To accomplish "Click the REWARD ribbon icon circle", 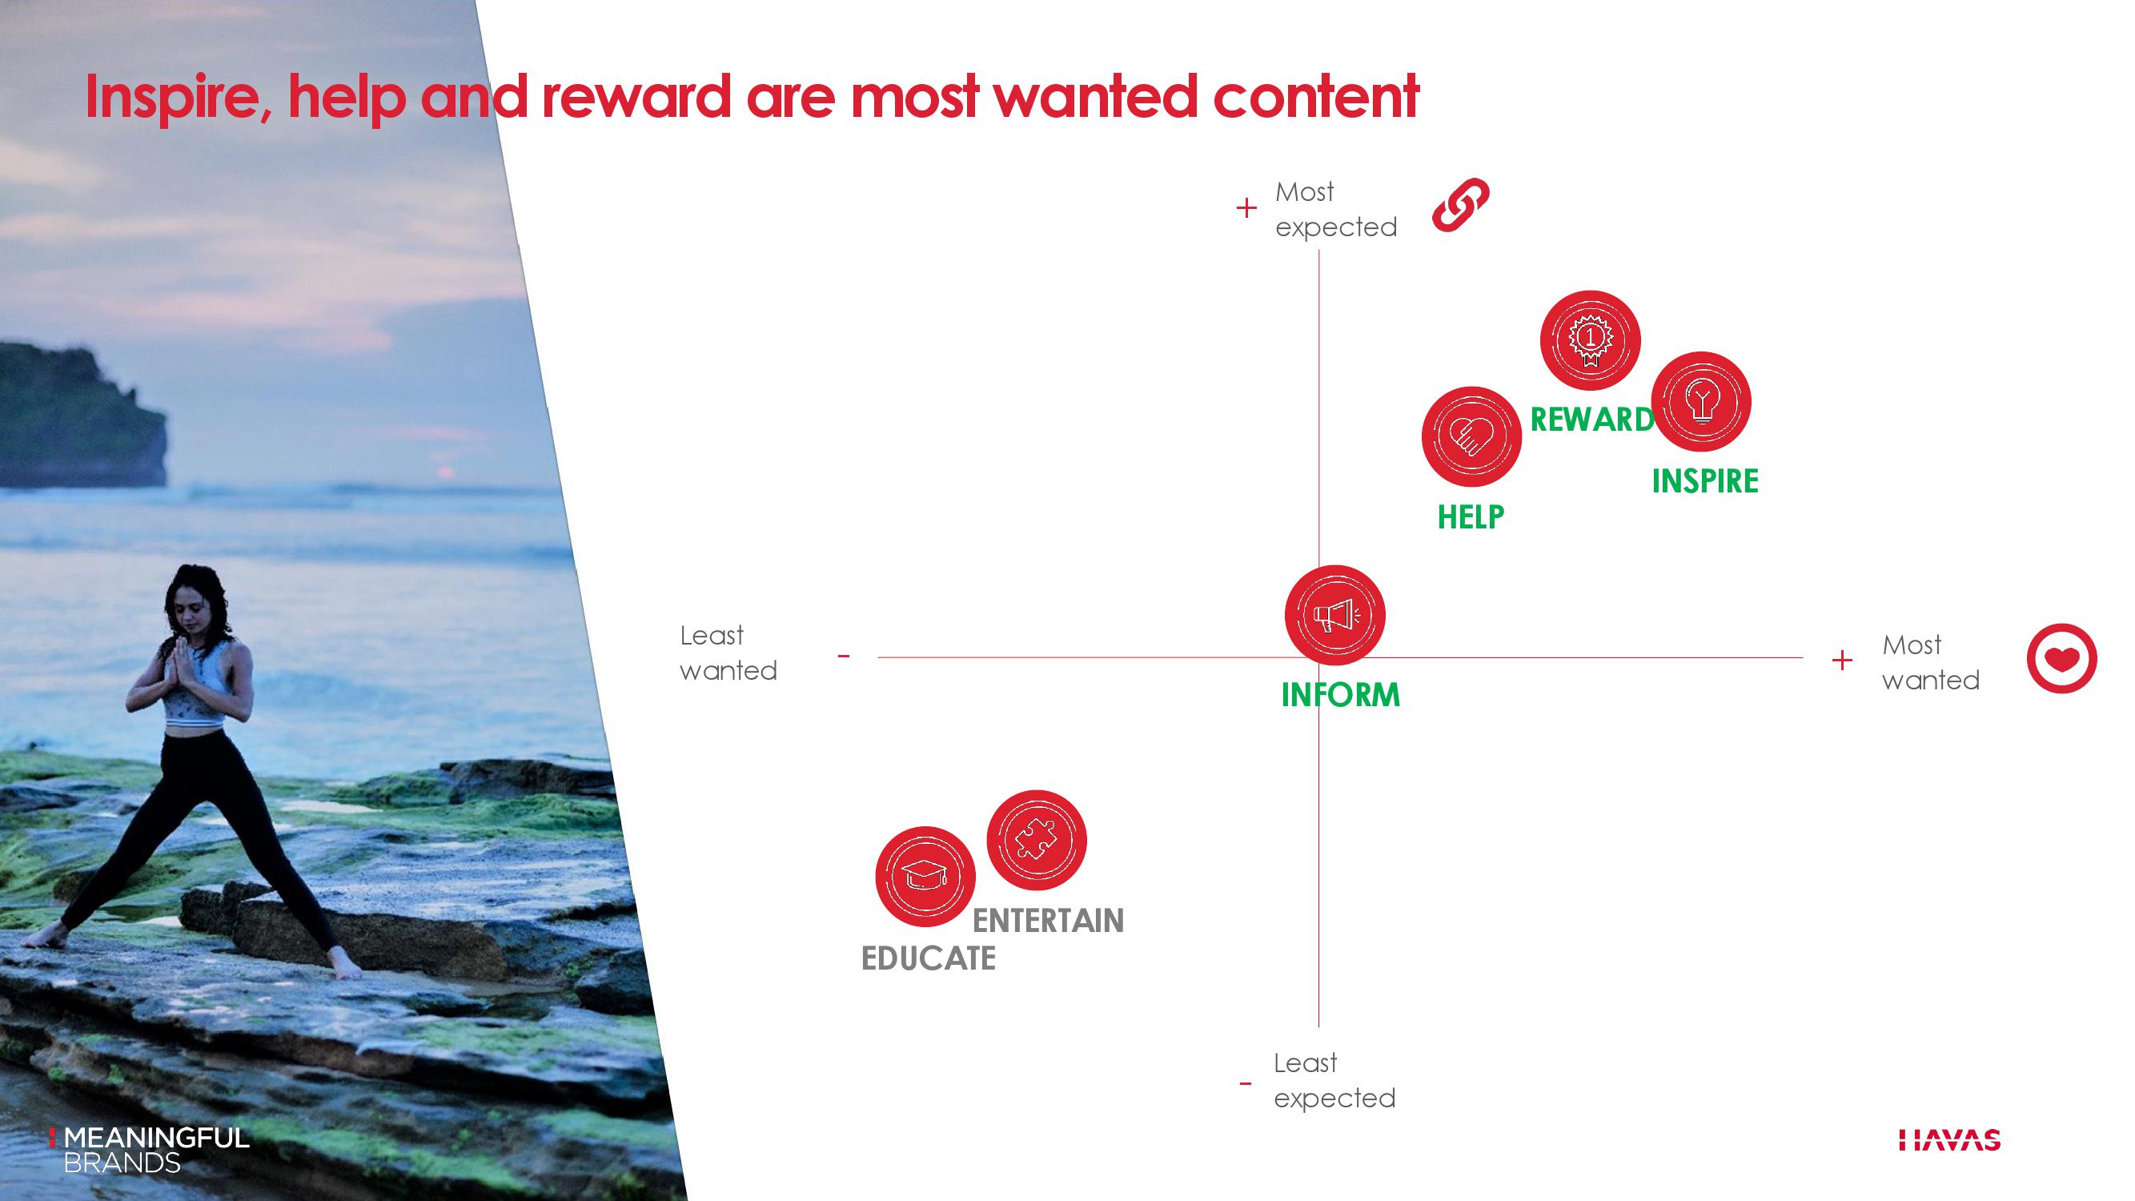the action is (1590, 339).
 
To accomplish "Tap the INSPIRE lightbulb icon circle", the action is (1700, 401).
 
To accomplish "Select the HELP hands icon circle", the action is (1471, 436).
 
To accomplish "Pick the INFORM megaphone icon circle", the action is (1334, 615).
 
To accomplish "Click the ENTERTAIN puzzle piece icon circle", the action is (1036, 840).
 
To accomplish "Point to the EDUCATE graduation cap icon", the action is (925, 876).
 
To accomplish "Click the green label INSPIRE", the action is (1705, 481).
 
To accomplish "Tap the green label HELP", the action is (1471, 517).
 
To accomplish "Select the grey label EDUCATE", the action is (929, 959).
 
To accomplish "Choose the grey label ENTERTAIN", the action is (1048, 921).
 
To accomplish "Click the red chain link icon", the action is (1460, 204).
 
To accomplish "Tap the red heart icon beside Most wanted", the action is (2061, 658).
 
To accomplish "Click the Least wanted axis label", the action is (728, 653).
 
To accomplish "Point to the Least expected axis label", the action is (1334, 1081).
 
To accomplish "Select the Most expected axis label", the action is (1336, 210).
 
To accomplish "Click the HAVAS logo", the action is (1949, 1140).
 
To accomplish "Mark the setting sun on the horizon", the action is (446, 472).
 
